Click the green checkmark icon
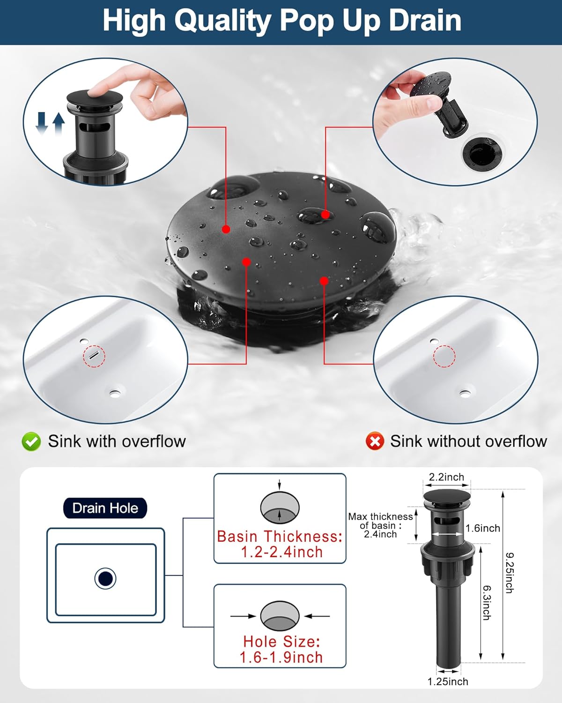[x=31, y=441]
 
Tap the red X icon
[x=375, y=441]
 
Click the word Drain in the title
[x=425, y=21]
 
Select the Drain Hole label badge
[x=105, y=508]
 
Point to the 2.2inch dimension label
[x=446, y=477]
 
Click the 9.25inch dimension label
[x=510, y=573]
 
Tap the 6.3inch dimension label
[x=487, y=602]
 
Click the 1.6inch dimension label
[x=483, y=529]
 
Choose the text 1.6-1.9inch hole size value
[x=281, y=658]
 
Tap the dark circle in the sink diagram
[x=105, y=578]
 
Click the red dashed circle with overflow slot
[x=94, y=356]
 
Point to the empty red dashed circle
[x=444, y=356]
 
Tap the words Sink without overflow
[x=468, y=441]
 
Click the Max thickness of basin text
[x=380, y=525]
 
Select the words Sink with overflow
[x=117, y=441]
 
